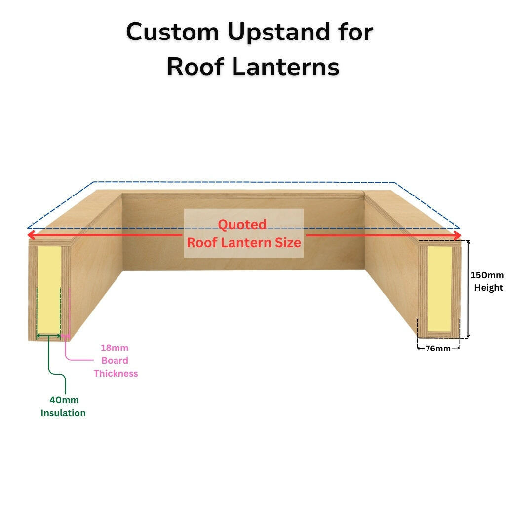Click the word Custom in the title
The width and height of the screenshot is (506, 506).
pyautogui.click(x=173, y=33)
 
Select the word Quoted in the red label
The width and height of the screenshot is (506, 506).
pyautogui.click(x=242, y=225)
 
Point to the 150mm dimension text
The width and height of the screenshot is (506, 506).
pyautogui.click(x=487, y=275)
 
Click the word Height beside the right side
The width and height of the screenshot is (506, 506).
pyautogui.click(x=489, y=288)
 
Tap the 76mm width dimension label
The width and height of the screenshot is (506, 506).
pyautogui.click(x=438, y=349)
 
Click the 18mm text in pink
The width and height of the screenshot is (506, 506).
pyautogui.click(x=115, y=348)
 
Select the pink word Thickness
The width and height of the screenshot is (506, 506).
pyautogui.click(x=116, y=374)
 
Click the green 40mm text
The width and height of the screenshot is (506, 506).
pyautogui.click(x=64, y=400)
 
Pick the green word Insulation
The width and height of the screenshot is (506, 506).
pyautogui.click(x=63, y=413)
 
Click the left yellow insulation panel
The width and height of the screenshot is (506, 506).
pyautogui.click(x=49, y=289)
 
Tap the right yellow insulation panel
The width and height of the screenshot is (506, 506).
pyautogui.click(x=439, y=289)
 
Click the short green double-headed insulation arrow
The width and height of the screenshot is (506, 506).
pyautogui.click(x=49, y=336)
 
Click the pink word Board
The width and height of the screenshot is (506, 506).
pyautogui.click(x=115, y=361)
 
